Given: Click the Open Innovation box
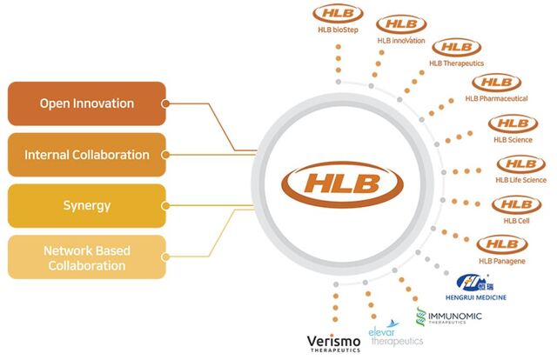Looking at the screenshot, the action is (x=87, y=103).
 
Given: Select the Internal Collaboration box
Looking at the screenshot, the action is (x=87, y=155).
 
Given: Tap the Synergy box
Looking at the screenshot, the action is (x=87, y=205).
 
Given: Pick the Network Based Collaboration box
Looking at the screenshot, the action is (x=87, y=257).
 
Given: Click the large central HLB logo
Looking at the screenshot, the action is (x=342, y=183).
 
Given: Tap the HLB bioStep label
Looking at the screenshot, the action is (x=338, y=30).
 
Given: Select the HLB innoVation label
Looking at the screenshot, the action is (x=401, y=41).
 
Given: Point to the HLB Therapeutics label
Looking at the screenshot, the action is (x=456, y=63).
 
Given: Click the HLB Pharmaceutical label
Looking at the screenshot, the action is (x=496, y=98).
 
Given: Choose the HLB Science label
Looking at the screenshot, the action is (x=513, y=140).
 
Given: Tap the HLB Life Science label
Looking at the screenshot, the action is (x=520, y=180).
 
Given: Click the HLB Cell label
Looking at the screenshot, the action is (x=516, y=221).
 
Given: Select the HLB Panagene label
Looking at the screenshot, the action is (x=501, y=261).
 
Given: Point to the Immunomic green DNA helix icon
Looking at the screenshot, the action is (x=421, y=317).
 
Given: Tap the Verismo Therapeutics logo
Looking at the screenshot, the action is (x=333, y=343).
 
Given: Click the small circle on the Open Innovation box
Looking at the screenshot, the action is (x=165, y=103).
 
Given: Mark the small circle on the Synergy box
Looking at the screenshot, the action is (x=165, y=206).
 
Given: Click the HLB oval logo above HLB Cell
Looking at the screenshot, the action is (x=516, y=205).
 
